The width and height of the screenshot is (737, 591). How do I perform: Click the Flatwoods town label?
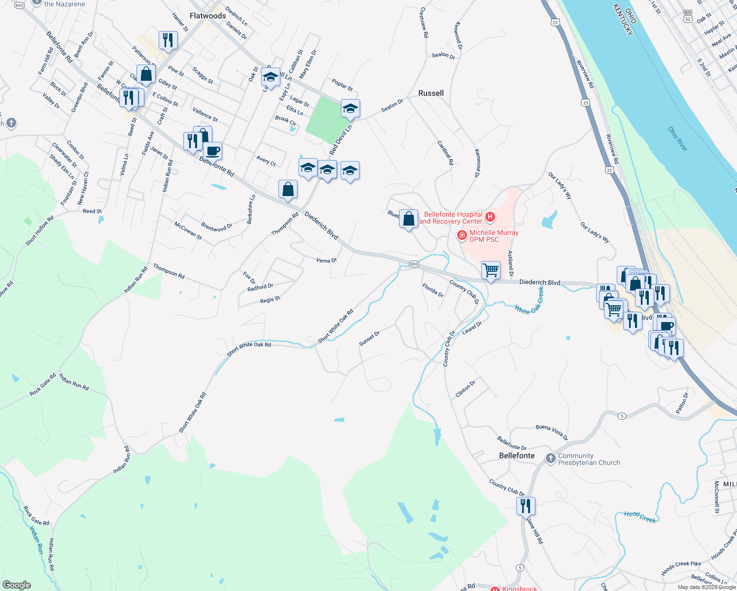207,16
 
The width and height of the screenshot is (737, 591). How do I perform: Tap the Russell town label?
431,93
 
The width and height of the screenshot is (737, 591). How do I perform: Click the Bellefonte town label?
516,456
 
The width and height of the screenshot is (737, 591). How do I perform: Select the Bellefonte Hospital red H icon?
490,217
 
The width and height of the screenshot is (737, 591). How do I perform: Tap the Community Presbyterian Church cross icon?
550,459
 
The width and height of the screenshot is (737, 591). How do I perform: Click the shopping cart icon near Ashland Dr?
491,270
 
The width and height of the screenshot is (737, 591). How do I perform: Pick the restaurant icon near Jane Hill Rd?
526,506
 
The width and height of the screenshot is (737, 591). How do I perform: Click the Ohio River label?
677,139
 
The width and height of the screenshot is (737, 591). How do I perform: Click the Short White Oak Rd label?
249,349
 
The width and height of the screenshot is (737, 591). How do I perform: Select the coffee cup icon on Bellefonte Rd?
212,151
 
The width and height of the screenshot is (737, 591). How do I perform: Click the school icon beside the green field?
350,108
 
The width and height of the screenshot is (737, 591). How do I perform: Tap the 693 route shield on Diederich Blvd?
414,264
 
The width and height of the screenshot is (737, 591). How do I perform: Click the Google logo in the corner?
16,585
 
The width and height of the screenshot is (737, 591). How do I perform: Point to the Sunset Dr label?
369,339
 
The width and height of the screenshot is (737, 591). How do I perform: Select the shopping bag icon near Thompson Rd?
288,189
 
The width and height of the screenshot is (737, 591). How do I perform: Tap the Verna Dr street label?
326,260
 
